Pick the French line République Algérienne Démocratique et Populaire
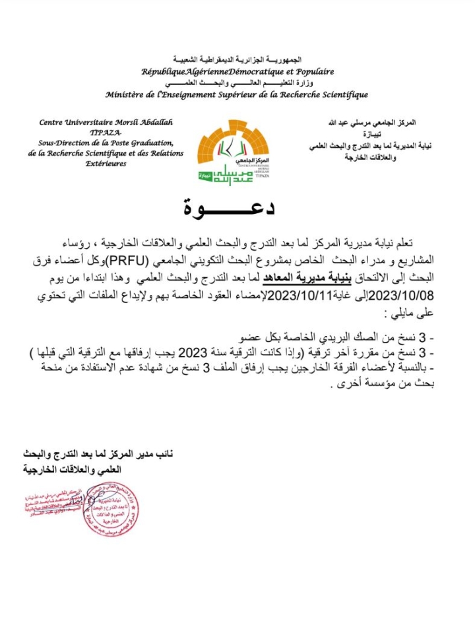coord(237,71)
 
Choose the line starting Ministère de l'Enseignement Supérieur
coord(237,94)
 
